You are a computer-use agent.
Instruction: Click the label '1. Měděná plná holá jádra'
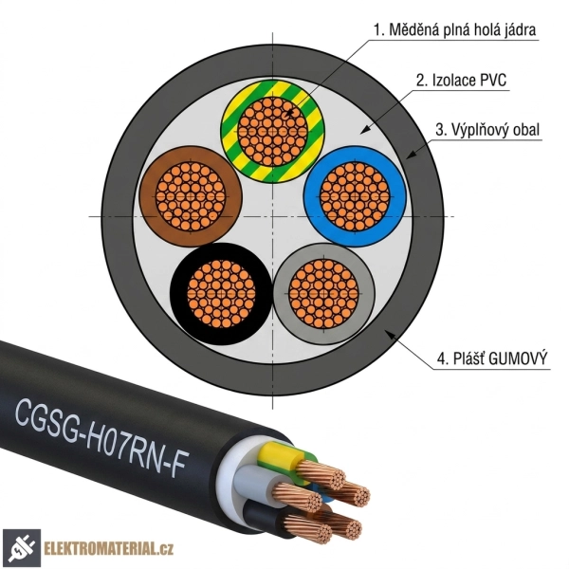pos(454,29)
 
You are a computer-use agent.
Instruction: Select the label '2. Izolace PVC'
pos(461,81)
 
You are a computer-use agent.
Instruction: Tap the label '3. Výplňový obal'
pos(487,130)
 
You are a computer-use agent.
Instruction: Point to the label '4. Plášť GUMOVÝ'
pos(491,358)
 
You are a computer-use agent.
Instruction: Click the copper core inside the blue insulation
pos(355,196)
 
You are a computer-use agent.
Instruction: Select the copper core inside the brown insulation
pos(191,196)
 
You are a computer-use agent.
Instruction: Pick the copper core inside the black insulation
pos(221,294)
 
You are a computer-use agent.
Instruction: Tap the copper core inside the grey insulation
pos(323,294)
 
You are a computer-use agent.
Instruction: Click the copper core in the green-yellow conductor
pos(272,132)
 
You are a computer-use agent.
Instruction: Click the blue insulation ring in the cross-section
pos(398,196)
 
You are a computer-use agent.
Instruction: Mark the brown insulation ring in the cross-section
pos(147,196)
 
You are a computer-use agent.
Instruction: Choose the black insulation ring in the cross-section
pos(178,294)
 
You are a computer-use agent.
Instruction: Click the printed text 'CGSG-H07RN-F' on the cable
pos(101,437)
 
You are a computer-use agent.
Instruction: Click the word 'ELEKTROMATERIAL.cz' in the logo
pos(108,548)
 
